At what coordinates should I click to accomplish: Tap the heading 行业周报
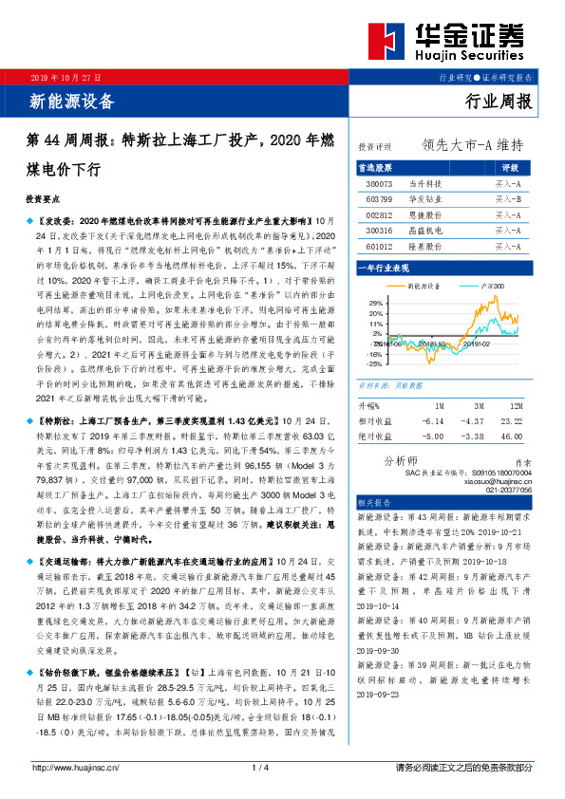point(499,101)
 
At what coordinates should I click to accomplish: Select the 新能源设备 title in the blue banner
point(72,101)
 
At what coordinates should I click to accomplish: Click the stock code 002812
point(380,215)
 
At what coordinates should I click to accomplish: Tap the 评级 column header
point(508,166)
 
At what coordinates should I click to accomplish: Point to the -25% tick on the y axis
point(376,363)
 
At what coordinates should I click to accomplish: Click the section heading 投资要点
point(44,201)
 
